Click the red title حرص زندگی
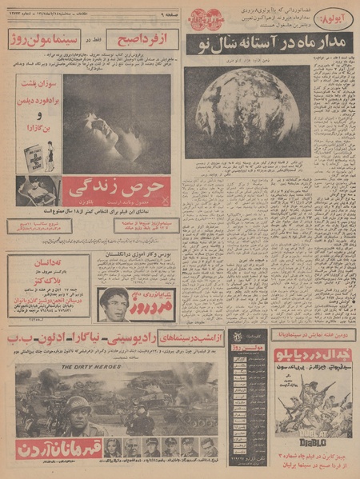pos(126,188)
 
